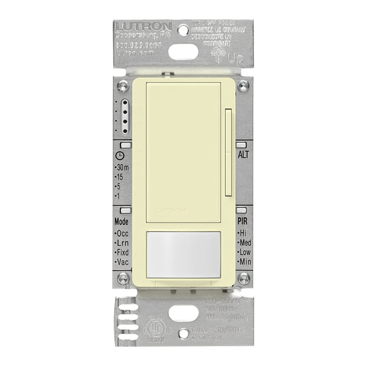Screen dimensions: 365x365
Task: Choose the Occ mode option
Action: (x=123, y=234)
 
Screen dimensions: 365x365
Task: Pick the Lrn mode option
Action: (x=123, y=244)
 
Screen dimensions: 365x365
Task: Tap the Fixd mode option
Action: (x=124, y=253)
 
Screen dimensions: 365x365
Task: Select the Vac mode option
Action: (x=123, y=262)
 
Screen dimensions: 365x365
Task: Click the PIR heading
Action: (x=242, y=221)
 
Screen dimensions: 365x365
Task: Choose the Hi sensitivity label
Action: (x=242, y=234)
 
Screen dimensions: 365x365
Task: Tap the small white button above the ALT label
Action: (x=241, y=146)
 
